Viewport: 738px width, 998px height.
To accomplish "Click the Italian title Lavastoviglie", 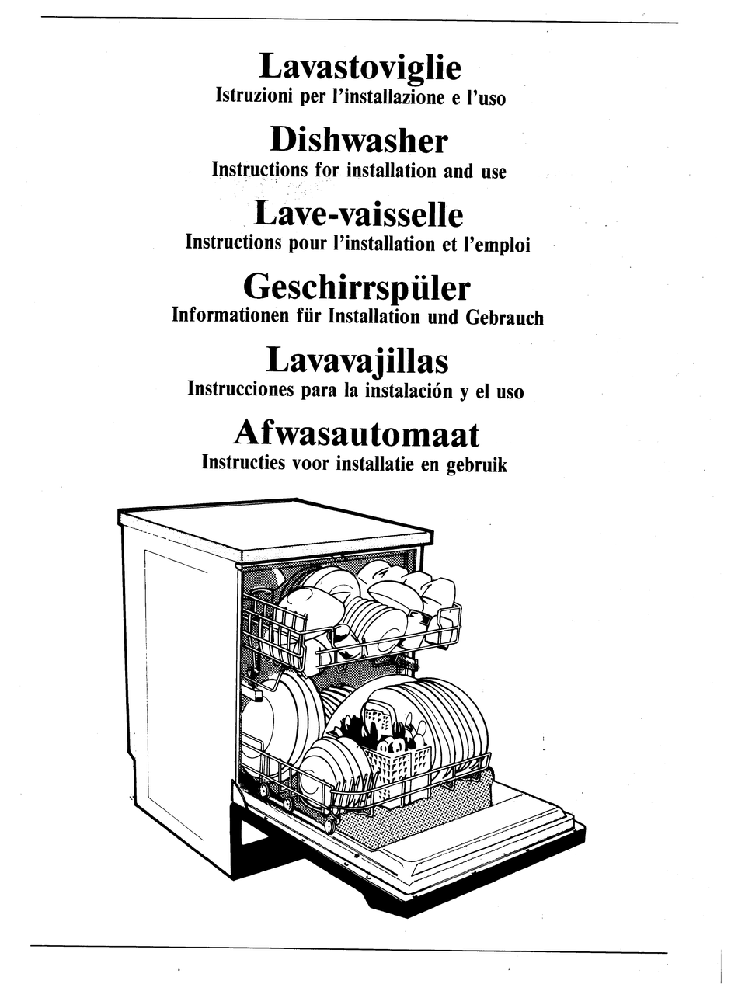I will [x=360, y=68].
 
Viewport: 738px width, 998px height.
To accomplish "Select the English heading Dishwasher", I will [x=359, y=141].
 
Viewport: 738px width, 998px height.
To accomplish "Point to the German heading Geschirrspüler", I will [x=357, y=288].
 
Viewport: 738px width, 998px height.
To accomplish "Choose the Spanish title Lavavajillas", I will [x=357, y=360].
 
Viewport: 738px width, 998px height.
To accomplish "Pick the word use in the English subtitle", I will [x=493, y=171].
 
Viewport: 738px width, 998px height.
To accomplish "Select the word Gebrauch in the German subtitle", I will [x=504, y=317].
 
